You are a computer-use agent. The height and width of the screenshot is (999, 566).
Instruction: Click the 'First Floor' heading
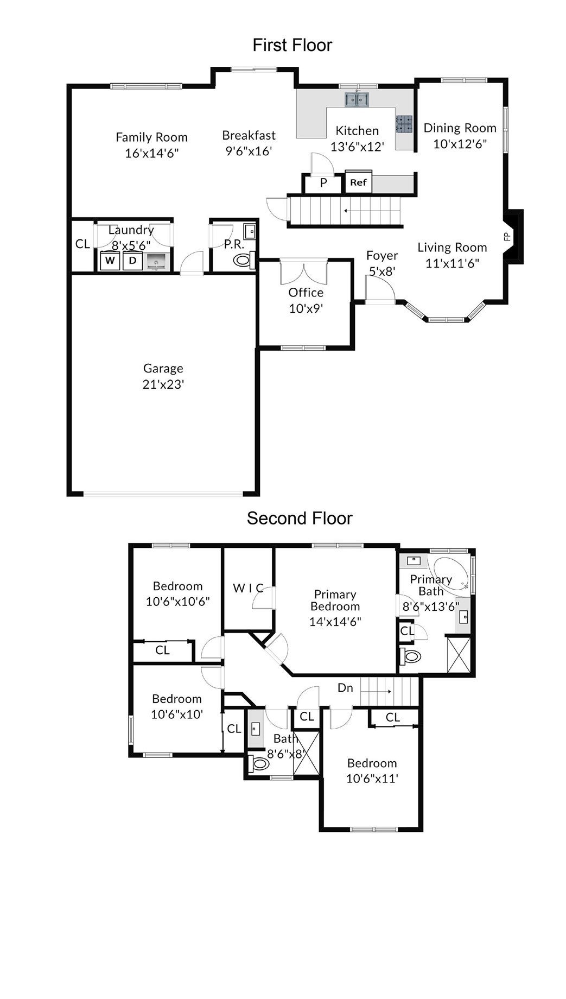(x=292, y=45)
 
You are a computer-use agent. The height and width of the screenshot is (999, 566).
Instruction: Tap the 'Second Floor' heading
(x=300, y=519)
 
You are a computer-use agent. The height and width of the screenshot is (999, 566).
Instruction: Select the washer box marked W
(x=110, y=261)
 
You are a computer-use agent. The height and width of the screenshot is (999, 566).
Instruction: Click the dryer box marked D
(x=132, y=261)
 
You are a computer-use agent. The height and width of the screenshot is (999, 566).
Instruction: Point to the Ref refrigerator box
(x=358, y=182)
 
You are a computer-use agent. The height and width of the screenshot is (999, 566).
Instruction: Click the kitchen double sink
(x=357, y=99)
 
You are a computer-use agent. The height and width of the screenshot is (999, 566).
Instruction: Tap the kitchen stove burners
(x=404, y=124)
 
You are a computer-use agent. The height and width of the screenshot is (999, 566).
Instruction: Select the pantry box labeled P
(x=323, y=183)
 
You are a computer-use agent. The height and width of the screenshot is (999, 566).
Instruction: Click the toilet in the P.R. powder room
(x=243, y=261)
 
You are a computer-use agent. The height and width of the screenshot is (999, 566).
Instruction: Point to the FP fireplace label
(x=507, y=236)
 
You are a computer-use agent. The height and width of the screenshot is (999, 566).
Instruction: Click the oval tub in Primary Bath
(x=450, y=573)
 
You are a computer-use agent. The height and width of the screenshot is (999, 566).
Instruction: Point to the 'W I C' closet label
(x=248, y=588)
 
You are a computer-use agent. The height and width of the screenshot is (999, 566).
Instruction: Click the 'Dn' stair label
(x=345, y=688)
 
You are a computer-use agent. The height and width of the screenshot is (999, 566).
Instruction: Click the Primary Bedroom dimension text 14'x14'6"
(x=335, y=622)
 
